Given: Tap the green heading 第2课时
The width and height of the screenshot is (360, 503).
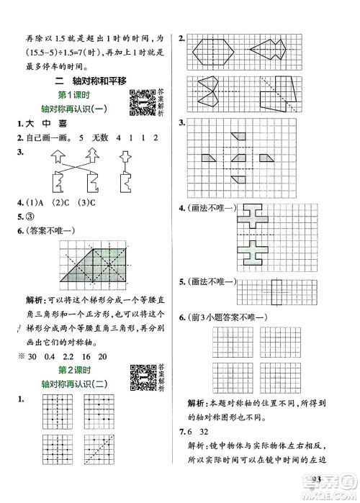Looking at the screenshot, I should (91, 366).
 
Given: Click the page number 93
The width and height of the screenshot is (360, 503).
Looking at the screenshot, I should (318, 479).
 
